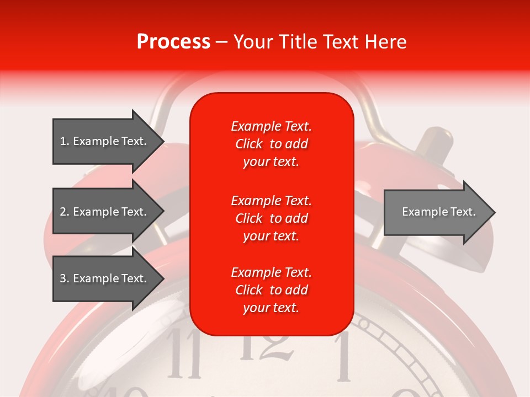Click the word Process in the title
[173, 42]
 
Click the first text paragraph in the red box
[271, 144]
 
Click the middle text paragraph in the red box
[271, 218]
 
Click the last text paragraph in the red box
[271, 290]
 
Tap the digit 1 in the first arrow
[63, 141]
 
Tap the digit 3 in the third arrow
[63, 278]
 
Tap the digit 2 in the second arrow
[63, 212]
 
